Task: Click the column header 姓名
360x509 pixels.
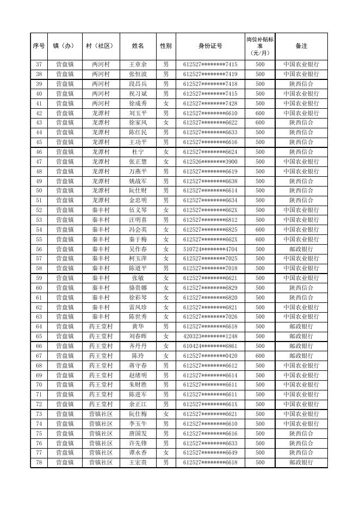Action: (x=138, y=46)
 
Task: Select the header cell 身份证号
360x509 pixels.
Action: (x=210, y=46)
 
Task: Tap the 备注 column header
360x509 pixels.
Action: (x=301, y=46)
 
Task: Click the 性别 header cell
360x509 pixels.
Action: (x=166, y=46)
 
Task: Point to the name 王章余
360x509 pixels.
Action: (x=138, y=64)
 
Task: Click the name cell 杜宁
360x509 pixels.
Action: (x=138, y=152)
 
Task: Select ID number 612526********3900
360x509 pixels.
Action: (x=210, y=162)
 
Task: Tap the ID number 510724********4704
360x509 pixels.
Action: (x=210, y=249)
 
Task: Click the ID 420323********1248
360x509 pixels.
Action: (x=210, y=336)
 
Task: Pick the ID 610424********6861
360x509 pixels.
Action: (x=210, y=346)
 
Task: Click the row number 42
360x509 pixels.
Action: (x=39, y=113)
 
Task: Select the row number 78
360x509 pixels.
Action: (x=39, y=462)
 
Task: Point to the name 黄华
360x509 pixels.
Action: (x=138, y=326)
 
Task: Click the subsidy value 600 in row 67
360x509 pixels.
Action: (x=260, y=356)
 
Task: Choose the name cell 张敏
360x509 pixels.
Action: (x=138, y=278)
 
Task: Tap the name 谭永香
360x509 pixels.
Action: (x=138, y=452)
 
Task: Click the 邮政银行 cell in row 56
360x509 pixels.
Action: (x=301, y=249)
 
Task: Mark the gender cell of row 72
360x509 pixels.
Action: (x=166, y=404)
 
